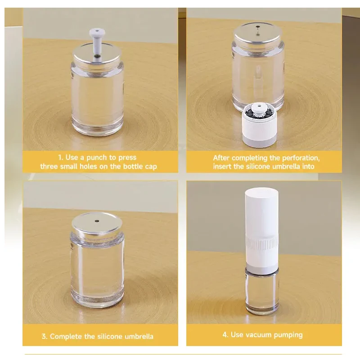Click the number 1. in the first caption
pyautogui.click(x=60, y=157)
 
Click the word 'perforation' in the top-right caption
pyautogui.click(x=301, y=158)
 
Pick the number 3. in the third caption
pyautogui.click(x=44, y=336)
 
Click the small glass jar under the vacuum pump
pyautogui.click(x=261, y=292)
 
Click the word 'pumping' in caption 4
pyautogui.click(x=288, y=335)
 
